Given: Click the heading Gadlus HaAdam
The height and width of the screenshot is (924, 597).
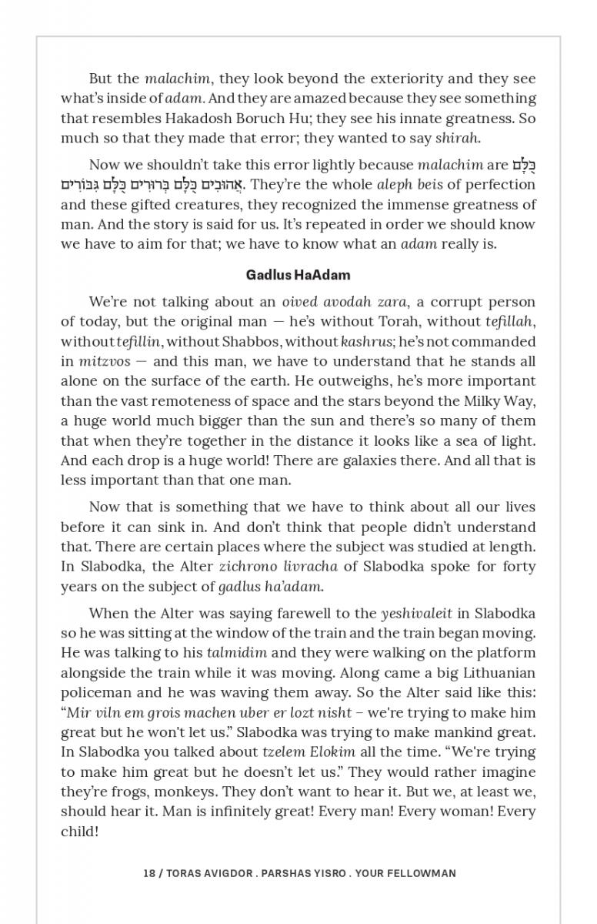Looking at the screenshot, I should click(x=298, y=274).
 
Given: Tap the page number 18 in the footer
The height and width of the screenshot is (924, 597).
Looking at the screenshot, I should click(x=148, y=873).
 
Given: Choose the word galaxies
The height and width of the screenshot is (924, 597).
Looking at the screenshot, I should click(x=371, y=460).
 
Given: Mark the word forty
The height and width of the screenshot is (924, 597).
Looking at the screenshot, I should click(x=519, y=566).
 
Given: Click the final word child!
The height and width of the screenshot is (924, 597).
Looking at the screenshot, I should click(x=79, y=831).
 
